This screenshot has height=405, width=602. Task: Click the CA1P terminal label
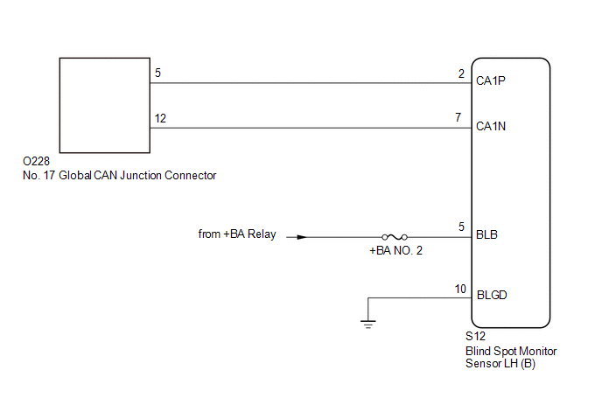[x=490, y=80]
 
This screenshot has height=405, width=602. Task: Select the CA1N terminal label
[x=491, y=126]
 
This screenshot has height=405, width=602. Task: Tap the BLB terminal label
[x=486, y=234]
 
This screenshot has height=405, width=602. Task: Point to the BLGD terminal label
[x=492, y=295]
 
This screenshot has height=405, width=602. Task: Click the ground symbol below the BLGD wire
[x=367, y=325]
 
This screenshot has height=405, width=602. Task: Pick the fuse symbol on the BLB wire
[x=395, y=237]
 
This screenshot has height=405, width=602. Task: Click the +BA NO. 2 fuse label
[x=395, y=251]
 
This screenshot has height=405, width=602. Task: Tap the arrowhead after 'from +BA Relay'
[x=302, y=237]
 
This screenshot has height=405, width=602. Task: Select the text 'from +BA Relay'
[x=237, y=234]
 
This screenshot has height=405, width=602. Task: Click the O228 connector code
[x=36, y=161]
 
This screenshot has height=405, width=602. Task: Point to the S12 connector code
[x=475, y=336]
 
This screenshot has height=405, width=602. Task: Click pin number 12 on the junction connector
[x=160, y=118]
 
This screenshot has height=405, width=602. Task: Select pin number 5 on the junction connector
[x=157, y=73]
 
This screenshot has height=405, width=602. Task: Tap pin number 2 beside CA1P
[x=461, y=73]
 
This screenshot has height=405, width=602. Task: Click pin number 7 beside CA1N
[x=458, y=117]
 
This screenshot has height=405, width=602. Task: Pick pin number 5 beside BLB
[x=461, y=227]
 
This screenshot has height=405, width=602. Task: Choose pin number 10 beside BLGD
[x=460, y=289]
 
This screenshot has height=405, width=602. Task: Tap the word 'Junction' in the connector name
[x=141, y=176]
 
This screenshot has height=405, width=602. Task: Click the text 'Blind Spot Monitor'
[x=511, y=352]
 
